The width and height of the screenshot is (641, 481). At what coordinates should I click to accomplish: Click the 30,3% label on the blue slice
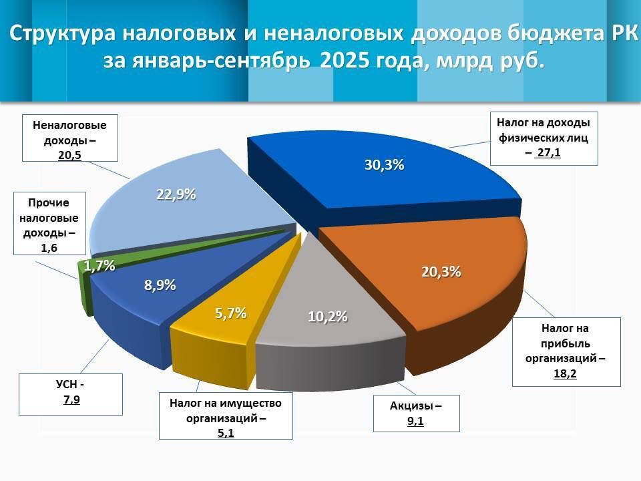pyautogui.click(x=384, y=165)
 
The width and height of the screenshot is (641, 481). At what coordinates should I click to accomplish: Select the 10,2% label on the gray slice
pyautogui.click(x=328, y=317)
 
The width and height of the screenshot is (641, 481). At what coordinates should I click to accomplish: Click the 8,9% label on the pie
pyautogui.click(x=160, y=285)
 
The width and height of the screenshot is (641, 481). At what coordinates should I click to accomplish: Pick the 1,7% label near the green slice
pyautogui.click(x=99, y=266)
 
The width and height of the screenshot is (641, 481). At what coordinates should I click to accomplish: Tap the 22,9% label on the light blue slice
pyautogui.click(x=176, y=194)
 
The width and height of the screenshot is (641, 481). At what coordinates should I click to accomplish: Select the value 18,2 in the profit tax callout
pyautogui.click(x=565, y=373)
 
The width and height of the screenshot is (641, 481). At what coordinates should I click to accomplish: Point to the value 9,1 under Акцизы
pyautogui.click(x=416, y=421)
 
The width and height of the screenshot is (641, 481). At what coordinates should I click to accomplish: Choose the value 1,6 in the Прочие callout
pyautogui.click(x=49, y=247)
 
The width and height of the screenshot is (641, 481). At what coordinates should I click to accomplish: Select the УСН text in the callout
pyautogui.click(x=65, y=385)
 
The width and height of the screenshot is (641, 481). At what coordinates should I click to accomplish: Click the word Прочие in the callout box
pyautogui.click(x=49, y=203)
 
